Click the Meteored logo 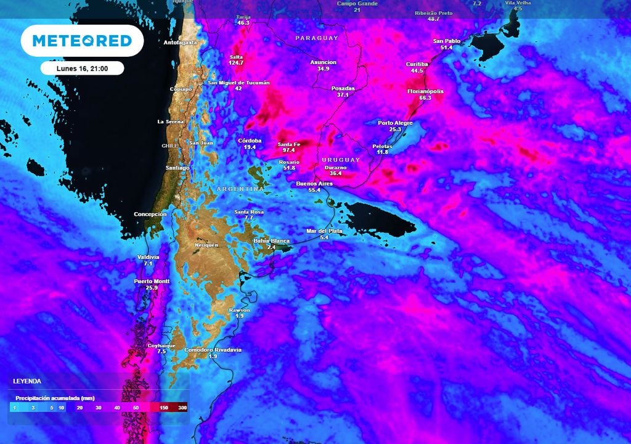(x=82, y=41)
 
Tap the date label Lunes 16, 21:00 (x=83, y=68)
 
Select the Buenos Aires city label (x=314, y=184)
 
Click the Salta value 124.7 (x=237, y=63)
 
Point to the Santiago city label (x=177, y=168)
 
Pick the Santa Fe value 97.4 (x=289, y=150)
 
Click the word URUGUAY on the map (x=340, y=160)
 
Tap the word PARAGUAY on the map (x=317, y=38)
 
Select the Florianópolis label (x=425, y=91)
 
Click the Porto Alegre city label (x=395, y=123)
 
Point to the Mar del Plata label (x=324, y=231)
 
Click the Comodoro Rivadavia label (x=213, y=350)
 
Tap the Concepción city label (x=150, y=214)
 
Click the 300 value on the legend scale (x=182, y=408)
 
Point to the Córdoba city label (x=250, y=141)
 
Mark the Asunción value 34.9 (x=324, y=69)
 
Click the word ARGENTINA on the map (x=240, y=189)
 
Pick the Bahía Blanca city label (x=272, y=240)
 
